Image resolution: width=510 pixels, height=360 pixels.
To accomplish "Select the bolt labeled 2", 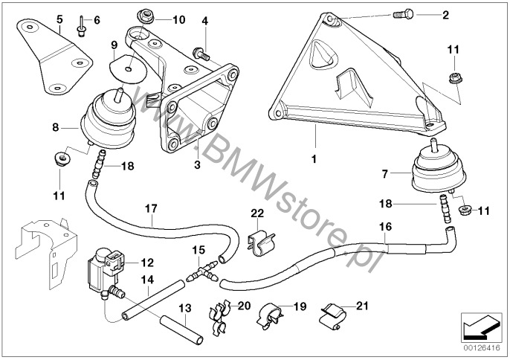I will pos(400,15).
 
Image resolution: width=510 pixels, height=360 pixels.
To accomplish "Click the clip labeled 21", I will pos(332,316).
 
